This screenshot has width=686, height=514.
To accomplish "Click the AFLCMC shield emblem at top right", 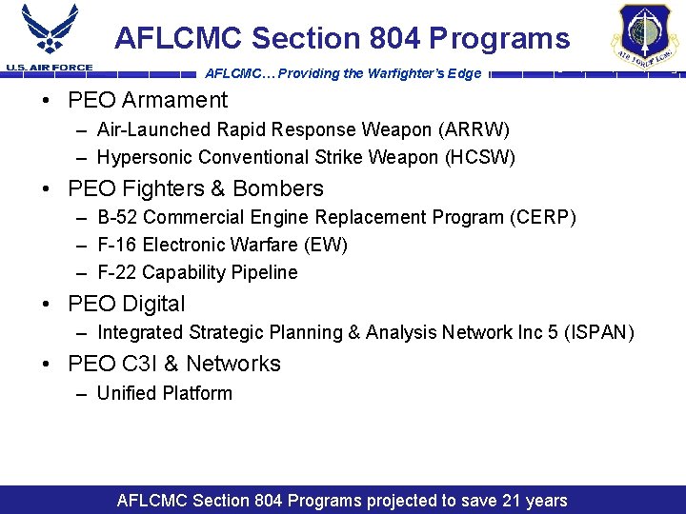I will (x=644, y=34).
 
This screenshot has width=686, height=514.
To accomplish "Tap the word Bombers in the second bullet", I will (x=280, y=188).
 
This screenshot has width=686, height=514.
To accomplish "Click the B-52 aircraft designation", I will (x=117, y=217).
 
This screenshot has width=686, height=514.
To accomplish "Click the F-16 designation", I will (x=117, y=245).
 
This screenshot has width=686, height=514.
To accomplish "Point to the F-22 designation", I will (x=117, y=273).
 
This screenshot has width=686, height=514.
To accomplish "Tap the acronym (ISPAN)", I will (x=596, y=332).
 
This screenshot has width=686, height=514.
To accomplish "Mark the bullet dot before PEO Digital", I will (x=47, y=305).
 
